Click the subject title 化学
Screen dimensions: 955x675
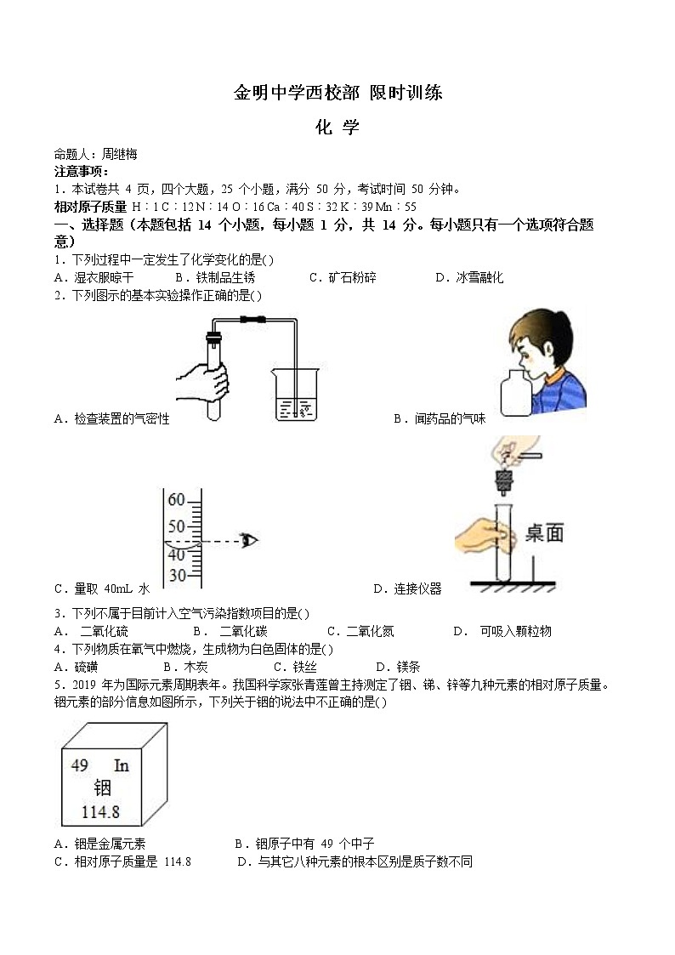pos(337,128)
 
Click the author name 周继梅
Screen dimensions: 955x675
pos(119,155)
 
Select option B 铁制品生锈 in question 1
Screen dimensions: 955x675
pos(215,277)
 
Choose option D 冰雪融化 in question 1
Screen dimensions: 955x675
pos(469,277)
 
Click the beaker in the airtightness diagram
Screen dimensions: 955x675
pos(294,394)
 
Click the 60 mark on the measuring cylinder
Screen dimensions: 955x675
pos(177,500)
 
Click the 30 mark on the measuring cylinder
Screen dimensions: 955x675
pos(177,576)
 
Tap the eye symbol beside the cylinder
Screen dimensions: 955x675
pos(249,539)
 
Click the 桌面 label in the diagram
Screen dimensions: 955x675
pos(544,534)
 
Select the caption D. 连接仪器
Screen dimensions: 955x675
pos(407,588)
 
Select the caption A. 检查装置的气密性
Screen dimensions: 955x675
pos(111,418)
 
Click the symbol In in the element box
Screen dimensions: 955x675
pos(122,766)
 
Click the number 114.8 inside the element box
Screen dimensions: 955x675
pos(100,811)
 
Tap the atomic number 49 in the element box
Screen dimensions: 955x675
pos(80,766)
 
